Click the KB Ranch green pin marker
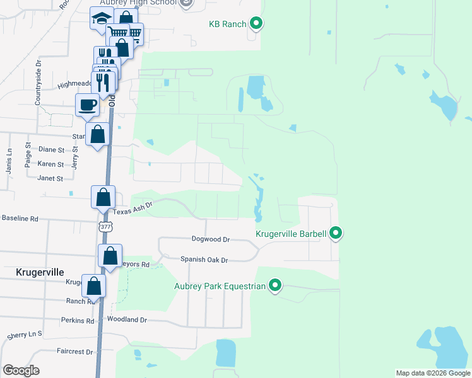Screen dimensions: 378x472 (256, 25)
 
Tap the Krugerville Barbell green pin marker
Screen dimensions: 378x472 (336, 234)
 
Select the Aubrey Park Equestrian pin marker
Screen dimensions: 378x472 (275, 287)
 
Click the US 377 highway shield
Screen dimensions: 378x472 (105, 227)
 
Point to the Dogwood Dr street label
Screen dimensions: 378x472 (211, 239)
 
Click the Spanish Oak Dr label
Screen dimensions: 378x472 (204, 260)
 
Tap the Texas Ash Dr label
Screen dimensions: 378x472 (134, 207)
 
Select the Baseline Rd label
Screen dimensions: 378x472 (20, 219)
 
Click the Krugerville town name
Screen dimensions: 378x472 (39, 272)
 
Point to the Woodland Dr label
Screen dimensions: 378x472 (127, 320)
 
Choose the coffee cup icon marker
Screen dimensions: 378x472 (87, 104)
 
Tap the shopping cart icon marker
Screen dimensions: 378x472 (117, 33)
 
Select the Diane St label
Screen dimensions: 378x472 (51, 150)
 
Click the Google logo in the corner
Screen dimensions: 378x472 (21, 370)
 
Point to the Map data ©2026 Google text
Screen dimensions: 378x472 (432, 373)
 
